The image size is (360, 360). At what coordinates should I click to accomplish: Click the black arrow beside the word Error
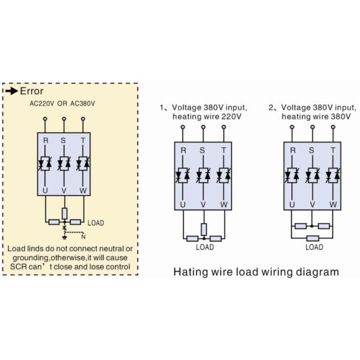12,91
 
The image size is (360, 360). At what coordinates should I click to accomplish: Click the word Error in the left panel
32,91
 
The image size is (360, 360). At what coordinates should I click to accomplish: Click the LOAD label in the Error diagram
96,223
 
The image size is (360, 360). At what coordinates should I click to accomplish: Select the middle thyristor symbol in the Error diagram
64,163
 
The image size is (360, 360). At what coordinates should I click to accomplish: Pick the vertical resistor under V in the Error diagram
64,212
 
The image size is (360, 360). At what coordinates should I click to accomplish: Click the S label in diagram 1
202,149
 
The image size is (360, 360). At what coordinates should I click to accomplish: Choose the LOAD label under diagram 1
205,247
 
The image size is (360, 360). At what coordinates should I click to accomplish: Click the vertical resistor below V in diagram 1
203,229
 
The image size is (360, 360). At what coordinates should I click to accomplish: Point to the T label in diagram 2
332,149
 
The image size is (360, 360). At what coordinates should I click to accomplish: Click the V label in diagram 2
312,204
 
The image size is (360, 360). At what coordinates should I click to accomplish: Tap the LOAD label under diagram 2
314,247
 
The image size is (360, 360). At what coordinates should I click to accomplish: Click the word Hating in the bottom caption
190,271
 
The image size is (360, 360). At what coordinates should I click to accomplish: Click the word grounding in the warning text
37,257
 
